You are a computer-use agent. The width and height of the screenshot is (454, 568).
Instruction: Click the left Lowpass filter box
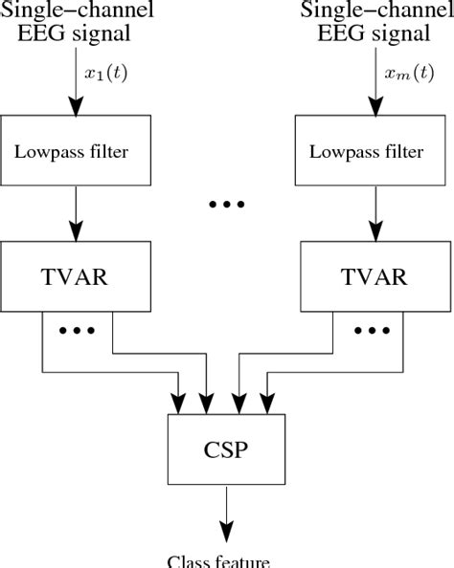coord(78,150)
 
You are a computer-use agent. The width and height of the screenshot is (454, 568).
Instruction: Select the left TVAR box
coord(78,276)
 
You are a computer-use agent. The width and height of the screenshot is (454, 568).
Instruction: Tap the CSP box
coord(226,448)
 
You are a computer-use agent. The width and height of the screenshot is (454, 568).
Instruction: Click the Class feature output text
coord(226,559)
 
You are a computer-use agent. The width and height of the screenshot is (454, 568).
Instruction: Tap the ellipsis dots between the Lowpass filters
coord(226,205)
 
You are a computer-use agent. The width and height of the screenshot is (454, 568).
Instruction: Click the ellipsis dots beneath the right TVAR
coord(370,332)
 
